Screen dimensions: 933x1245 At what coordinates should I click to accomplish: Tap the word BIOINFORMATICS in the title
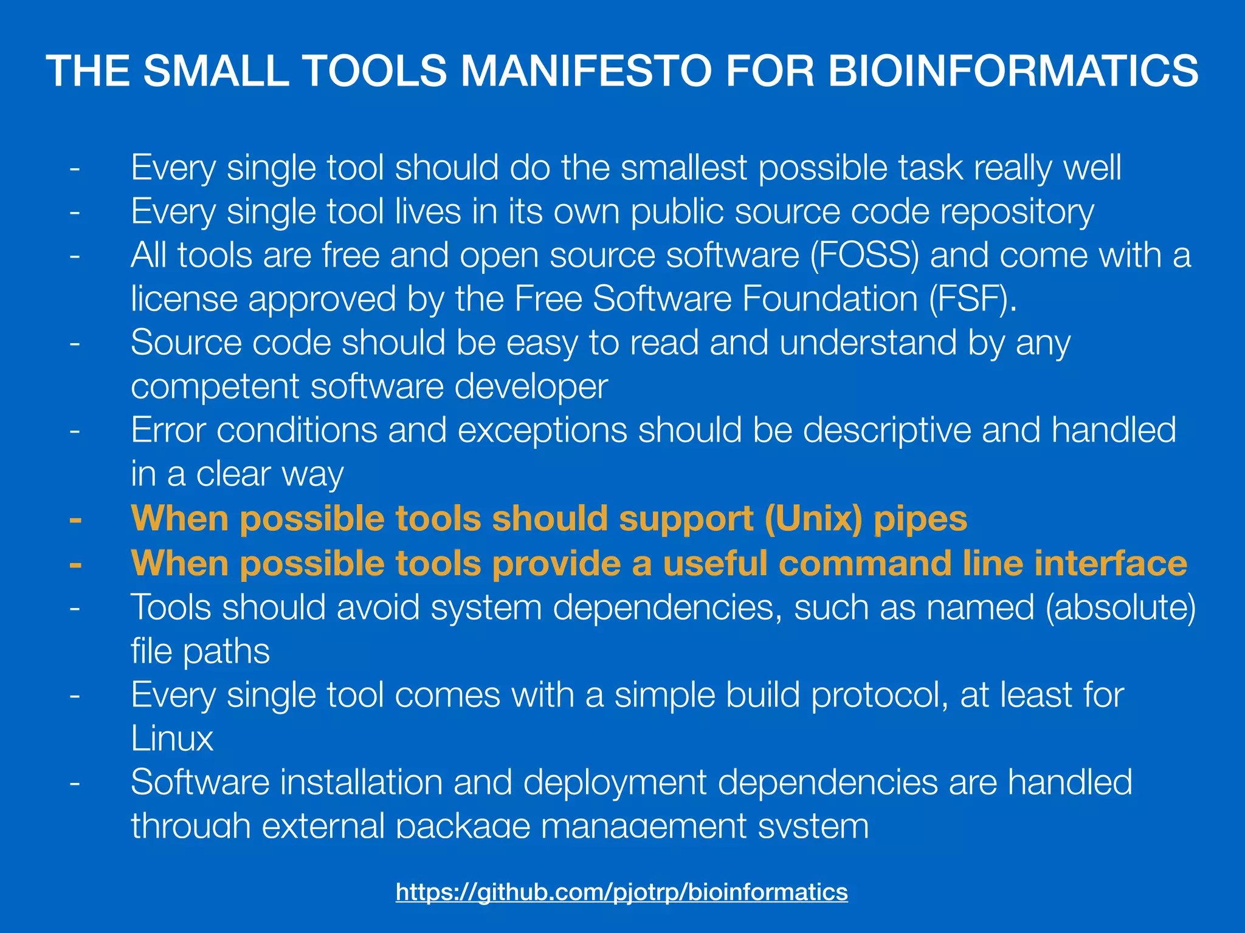click(x=1013, y=70)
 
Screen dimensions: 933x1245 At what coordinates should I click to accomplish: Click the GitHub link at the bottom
click(x=621, y=892)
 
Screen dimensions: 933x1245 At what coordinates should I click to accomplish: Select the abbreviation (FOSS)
click(x=864, y=255)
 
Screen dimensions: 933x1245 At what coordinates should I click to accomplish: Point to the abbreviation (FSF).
click(x=972, y=299)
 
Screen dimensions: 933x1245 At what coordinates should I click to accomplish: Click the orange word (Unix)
click(x=813, y=519)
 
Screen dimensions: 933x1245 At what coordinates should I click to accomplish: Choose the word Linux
click(x=172, y=739)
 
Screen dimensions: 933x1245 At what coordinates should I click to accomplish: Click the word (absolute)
click(x=1120, y=607)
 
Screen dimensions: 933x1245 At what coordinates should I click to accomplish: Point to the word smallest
click(x=683, y=168)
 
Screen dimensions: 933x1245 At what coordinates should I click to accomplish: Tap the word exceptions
click(x=542, y=431)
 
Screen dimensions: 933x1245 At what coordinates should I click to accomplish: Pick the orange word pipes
click(x=920, y=519)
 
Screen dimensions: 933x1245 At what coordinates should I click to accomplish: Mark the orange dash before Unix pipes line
click(x=75, y=520)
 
